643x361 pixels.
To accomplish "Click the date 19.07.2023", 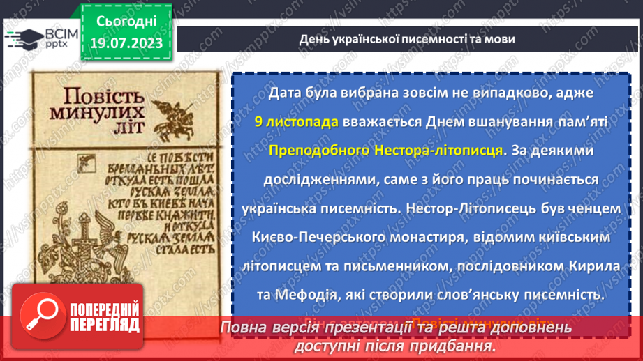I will (x=126, y=44).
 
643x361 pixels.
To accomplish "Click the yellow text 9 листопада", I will (x=296, y=121).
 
